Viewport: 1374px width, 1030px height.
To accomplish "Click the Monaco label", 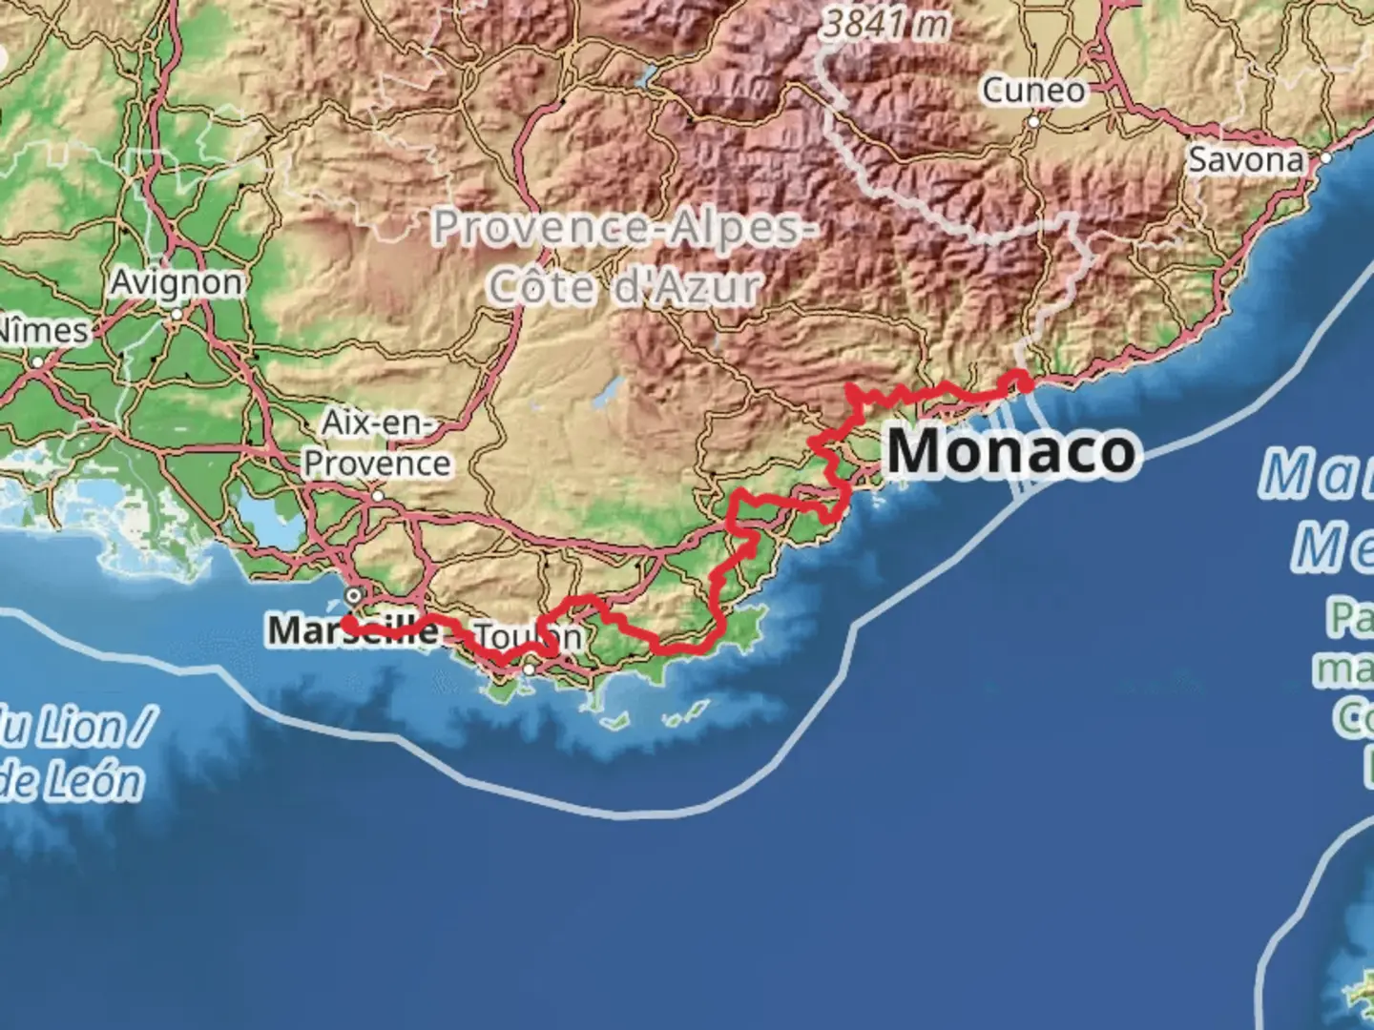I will pyautogui.click(x=1012, y=451).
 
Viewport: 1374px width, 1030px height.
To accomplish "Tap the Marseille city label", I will pyautogui.click(x=352, y=630).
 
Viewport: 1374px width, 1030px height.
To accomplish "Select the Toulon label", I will pyautogui.click(x=528, y=636).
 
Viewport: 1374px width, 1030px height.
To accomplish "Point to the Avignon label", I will pyautogui.click(x=177, y=282).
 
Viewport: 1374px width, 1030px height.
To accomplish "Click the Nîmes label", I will pyautogui.click(x=43, y=331).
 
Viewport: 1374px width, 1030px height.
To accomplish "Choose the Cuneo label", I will pyautogui.click(x=1034, y=91).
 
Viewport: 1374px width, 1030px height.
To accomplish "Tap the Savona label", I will pyautogui.click(x=1246, y=159).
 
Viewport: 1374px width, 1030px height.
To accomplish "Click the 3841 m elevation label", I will pyautogui.click(x=885, y=25).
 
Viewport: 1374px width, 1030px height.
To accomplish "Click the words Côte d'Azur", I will pyautogui.click(x=625, y=286).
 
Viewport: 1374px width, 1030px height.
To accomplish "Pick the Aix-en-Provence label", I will pyautogui.click(x=377, y=443).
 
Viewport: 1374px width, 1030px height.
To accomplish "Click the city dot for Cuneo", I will pyautogui.click(x=1033, y=122).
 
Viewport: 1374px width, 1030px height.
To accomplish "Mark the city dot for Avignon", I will pyautogui.click(x=177, y=313).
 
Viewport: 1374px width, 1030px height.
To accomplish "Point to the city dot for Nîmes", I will pyautogui.click(x=37, y=362).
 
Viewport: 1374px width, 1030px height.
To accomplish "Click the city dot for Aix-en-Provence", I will pyautogui.click(x=377, y=496).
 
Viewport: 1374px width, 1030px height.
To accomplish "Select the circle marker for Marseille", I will pyautogui.click(x=354, y=595).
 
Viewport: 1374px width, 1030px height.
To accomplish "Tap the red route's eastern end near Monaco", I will pyautogui.click(x=1024, y=384).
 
